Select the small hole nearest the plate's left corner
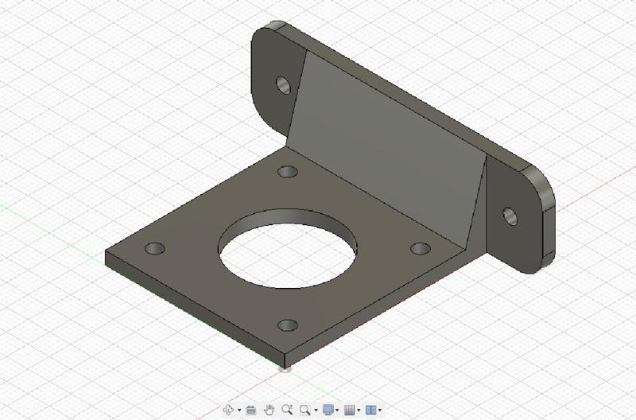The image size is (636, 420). pyautogui.click(x=155, y=248)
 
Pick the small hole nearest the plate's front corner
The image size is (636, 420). pyautogui.click(x=289, y=325)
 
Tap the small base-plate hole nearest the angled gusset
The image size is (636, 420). pyautogui.click(x=287, y=172)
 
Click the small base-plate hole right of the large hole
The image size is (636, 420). pyautogui.click(x=419, y=248)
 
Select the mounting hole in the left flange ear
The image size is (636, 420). pyautogui.click(x=282, y=83)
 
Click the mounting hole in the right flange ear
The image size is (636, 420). pyautogui.click(x=509, y=213)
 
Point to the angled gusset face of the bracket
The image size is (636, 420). pyautogui.click(x=390, y=143)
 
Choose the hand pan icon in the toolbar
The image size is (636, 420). pyautogui.click(x=270, y=410)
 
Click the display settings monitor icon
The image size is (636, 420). pyautogui.click(x=328, y=410)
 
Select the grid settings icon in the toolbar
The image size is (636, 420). pyautogui.click(x=349, y=410)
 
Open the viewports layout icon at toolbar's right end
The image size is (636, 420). pyautogui.click(x=370, y=410)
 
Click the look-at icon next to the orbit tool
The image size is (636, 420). pyautogui.click(x=251, y=410)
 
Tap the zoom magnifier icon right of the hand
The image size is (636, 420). pyautogui.click(x=287, y=410)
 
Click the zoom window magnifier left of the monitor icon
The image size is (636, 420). pyautogui.click(x=305, y=410)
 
